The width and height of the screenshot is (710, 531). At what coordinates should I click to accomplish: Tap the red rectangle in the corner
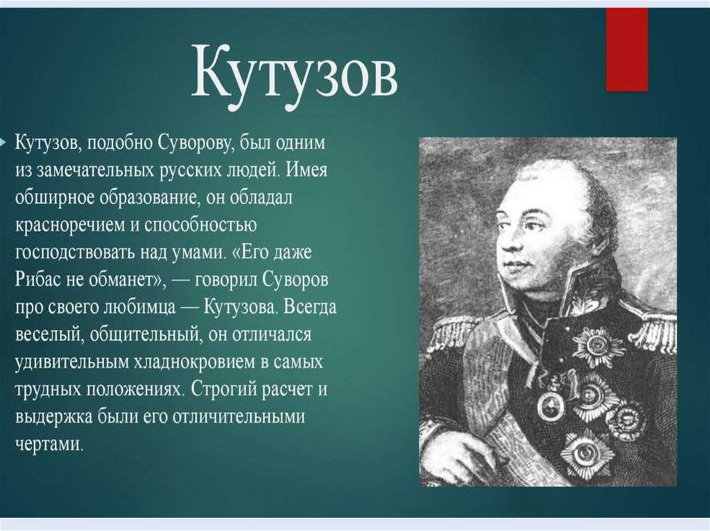(x=627, y=49)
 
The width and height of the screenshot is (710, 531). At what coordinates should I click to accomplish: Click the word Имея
(x=307, y=170)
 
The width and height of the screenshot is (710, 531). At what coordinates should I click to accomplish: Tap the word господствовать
(x=74, y=253)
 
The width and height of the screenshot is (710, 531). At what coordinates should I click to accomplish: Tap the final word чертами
(x=49, y=444)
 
